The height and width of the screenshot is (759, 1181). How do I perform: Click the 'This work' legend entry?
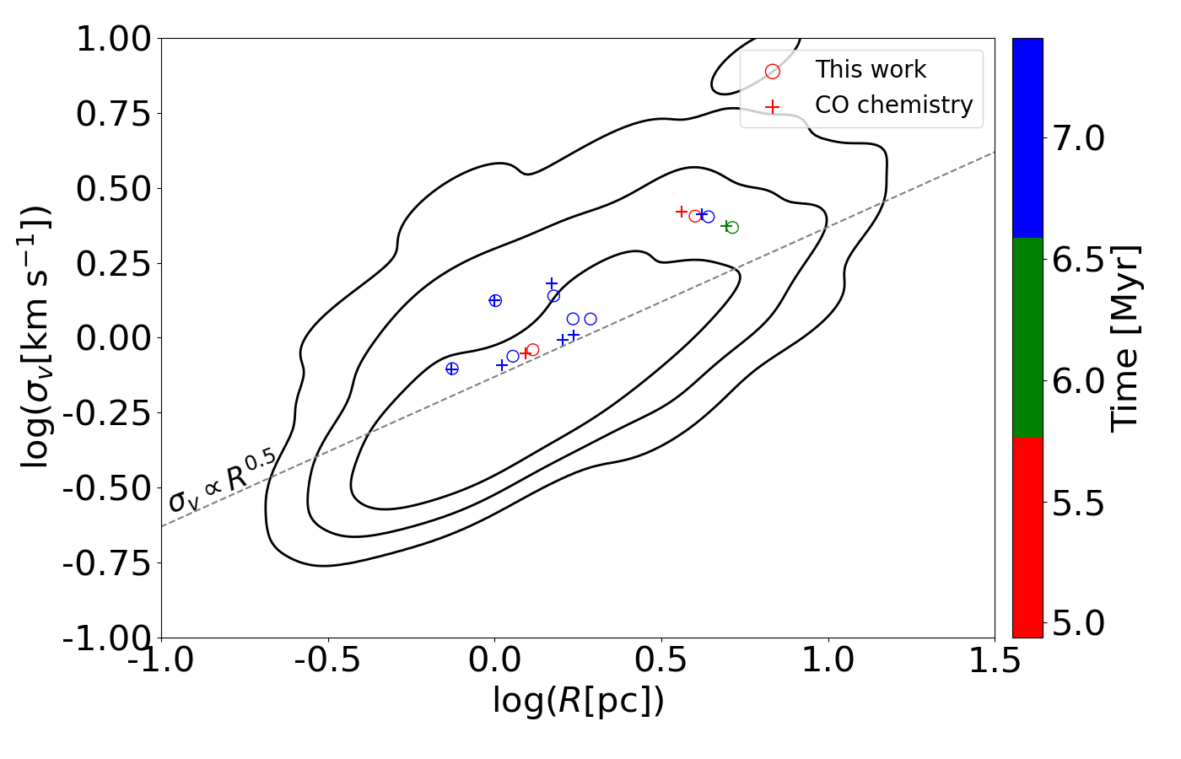870,69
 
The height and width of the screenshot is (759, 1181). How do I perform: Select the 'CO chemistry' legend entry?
893,105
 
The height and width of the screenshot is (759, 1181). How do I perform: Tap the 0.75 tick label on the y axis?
113,114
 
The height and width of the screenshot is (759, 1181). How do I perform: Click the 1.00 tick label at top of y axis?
113,39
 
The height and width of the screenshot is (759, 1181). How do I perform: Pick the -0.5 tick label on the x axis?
327,661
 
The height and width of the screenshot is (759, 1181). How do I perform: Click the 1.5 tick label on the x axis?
994,661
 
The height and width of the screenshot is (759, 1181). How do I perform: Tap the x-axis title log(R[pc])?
578,701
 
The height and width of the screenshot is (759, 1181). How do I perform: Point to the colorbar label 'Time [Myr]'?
1125,337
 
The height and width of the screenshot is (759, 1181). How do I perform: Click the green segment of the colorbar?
1027,337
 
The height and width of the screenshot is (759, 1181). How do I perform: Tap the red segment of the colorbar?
1027,536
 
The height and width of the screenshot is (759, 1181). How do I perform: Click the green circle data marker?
732,228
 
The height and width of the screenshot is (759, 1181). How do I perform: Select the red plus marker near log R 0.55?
682,212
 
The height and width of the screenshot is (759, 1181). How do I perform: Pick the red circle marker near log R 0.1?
532,350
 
